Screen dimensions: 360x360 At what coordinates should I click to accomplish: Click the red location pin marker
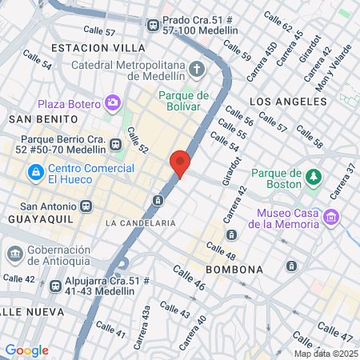click(x=180, y=163)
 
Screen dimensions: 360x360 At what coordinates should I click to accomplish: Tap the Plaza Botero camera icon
click(x=113, y=103)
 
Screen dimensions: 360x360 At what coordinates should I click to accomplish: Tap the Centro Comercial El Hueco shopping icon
click(x=35, y=172)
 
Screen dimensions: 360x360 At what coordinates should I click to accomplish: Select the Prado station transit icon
click(x=152, y=25)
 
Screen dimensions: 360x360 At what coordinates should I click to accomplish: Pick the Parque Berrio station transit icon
click(x=117, y=144)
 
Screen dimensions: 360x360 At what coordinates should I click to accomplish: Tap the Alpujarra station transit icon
click(x=54, y=286)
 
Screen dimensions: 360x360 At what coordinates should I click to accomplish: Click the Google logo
click(x=26, y=350)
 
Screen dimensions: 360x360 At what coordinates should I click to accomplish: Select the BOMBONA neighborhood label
click(x=234, y=270)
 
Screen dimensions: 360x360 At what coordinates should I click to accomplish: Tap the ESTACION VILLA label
click(x=87, y=48)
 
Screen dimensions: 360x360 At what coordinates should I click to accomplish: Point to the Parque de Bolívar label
click(x=185, y=101)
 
